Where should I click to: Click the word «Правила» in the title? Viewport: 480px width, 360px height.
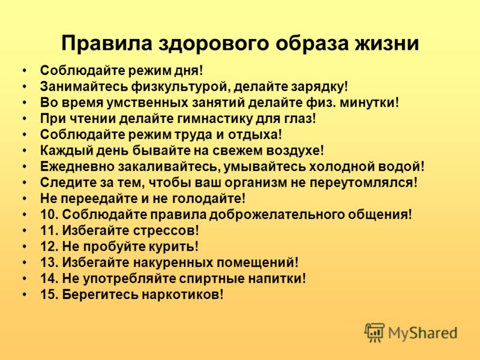point(107,43)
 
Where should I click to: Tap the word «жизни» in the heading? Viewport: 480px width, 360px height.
point(386,43)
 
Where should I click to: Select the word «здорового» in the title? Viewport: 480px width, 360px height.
point(214,43)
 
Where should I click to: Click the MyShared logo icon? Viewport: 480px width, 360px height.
point(374,332)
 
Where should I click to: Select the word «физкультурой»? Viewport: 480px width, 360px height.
point(181,87)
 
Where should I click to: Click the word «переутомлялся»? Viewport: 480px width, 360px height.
point(361,183)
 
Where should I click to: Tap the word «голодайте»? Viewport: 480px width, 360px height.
point(206,199)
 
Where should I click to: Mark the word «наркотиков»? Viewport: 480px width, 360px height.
point(181,295)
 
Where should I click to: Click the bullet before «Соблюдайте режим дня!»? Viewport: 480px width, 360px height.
point(25,71)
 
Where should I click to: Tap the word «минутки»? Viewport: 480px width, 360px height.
point(367,103)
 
